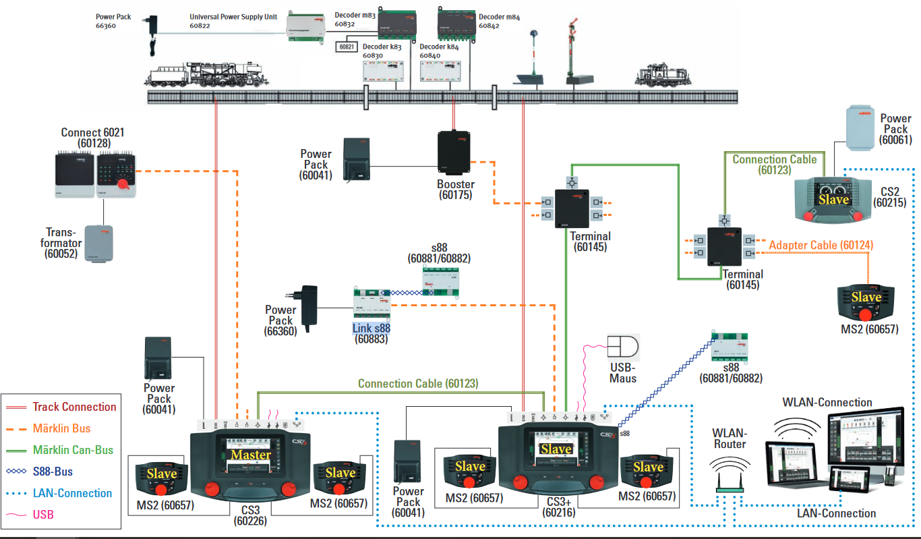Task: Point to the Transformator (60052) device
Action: tap(99, 243)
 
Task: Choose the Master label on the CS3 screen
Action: tap(251, 455)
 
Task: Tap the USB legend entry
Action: tap(42, 515)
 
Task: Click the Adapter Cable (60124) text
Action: tap(821, 246)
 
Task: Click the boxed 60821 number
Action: tap(347, 47)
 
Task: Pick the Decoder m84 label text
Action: tap(498, 16)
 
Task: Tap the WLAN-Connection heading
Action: tap(827, 402)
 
